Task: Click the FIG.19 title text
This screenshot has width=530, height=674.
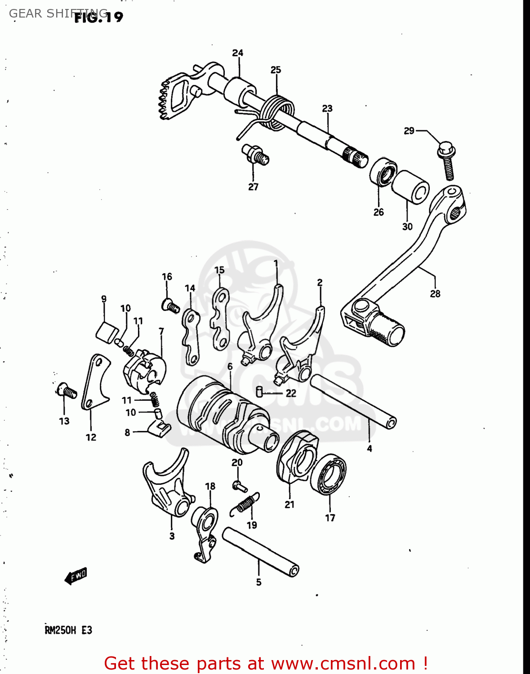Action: (x=98, y=17)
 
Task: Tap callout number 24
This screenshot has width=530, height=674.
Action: (x=237, y=53)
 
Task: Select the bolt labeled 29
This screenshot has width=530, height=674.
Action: (x=447, y=160)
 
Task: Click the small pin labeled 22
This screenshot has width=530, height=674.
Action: (x=259, y=391)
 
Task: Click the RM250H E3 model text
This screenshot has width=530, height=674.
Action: (x=68, y=630)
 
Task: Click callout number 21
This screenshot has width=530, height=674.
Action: (x=289, y=505)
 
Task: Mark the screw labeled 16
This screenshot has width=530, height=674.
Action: (x=170, y=306)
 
